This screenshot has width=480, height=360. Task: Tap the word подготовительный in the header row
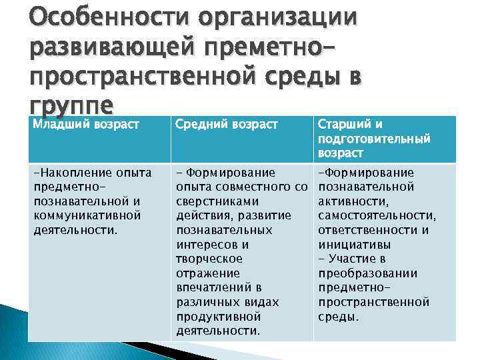click(374, 139)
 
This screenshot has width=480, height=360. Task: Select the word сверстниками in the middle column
click(217, 201)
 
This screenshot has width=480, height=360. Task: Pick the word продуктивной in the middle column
click(218, 316)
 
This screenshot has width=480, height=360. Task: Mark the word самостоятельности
click(377, 215)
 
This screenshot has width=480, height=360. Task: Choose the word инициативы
click(352, 244)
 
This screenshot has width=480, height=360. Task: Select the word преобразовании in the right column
click(367, 273)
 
